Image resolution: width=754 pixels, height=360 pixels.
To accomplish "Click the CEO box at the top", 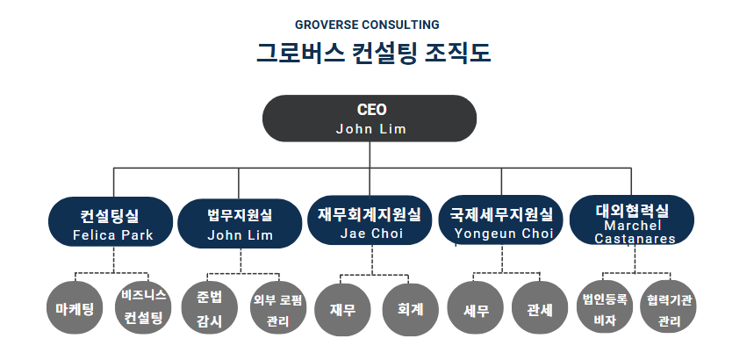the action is click(x=370, y=119).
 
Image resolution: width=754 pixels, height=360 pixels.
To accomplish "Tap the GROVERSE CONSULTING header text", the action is click(x=367, y=25).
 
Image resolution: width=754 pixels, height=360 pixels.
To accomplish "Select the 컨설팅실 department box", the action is click(x=111, y=222).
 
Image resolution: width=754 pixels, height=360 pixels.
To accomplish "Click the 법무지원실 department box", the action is click(x=240, y=224).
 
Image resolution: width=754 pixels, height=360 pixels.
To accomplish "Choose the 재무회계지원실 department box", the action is click(x=370, y=220).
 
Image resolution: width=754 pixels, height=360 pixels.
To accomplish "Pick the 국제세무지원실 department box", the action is click(x=500, y=220).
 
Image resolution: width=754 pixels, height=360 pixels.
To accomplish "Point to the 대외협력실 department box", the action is click(x=632, y=220).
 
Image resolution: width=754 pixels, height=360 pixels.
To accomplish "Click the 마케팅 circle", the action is click(x=75, y=308).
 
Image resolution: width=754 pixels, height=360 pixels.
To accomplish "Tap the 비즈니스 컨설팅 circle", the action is click(x=144, y=307).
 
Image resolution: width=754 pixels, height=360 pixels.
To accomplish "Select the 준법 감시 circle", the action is click(x=209, y=308).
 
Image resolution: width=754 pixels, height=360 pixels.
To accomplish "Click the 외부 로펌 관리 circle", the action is click(x=278, y=308).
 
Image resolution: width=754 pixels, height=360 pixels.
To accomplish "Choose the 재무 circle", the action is click(x=343, y=309).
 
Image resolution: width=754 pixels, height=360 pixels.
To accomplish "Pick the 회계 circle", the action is click(x=411, y=309).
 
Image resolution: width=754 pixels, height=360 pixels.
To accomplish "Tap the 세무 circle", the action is click(x=476, y=308).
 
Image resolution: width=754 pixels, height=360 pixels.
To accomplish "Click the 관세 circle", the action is click(x=540, y=308).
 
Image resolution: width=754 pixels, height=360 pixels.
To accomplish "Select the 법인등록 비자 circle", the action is click(x=605, y=307).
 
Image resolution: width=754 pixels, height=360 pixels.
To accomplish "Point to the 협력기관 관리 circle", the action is click(x=669, y=307).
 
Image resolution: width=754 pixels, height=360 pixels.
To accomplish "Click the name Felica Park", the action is click(x=113, y=235).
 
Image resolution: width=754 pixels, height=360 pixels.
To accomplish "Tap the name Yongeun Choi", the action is click(x=504, y=234).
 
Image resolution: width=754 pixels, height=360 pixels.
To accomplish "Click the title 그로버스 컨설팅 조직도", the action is click(x=373, y=53).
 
